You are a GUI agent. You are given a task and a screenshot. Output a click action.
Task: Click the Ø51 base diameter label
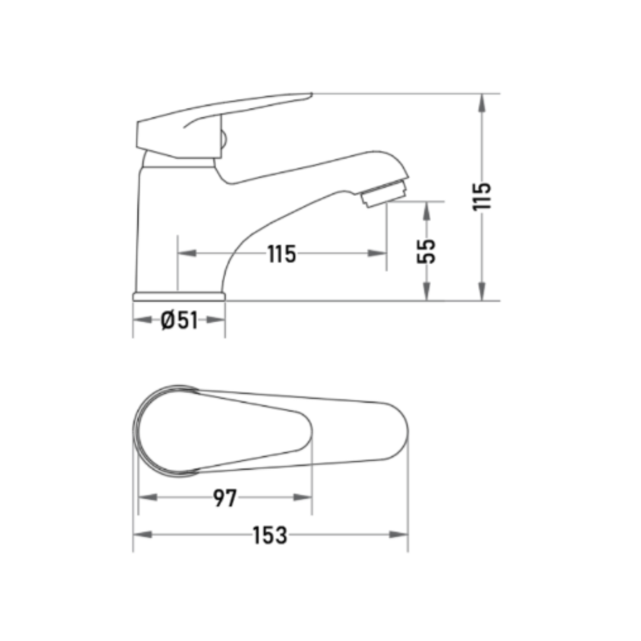tap(179, 320)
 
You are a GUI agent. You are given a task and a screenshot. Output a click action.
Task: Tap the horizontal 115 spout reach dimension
tap(282, 254)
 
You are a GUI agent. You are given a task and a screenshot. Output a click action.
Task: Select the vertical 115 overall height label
tap(482, 196)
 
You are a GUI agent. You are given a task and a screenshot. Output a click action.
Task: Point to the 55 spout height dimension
tap(426, 252)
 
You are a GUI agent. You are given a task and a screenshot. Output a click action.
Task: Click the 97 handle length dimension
tap(225, 498)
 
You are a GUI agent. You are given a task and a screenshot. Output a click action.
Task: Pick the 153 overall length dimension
tap(270, 535)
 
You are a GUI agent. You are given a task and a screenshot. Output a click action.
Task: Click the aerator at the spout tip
tap(384, 194)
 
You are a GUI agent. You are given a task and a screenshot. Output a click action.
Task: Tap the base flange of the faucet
tap(179, 297)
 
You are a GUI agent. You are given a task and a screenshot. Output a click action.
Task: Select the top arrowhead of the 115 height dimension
tap(482, 103)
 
